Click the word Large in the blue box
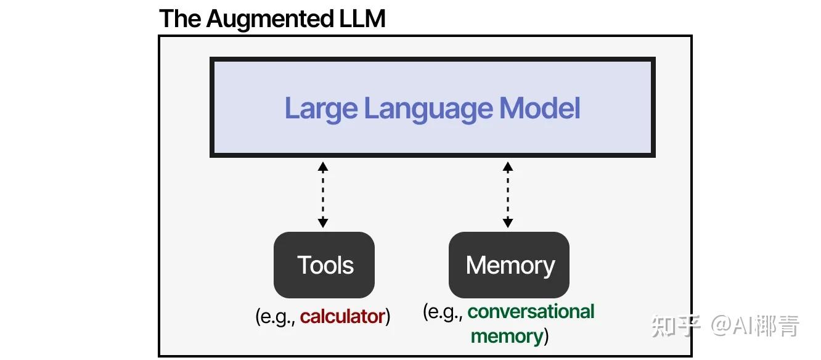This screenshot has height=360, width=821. (321, 108)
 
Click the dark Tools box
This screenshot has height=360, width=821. (324, 265)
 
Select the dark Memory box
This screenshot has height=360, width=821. (509, 265)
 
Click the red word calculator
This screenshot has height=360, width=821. (342, 317)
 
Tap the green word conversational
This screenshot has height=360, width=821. (531, 311)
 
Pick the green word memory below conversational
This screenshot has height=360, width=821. (507, 336)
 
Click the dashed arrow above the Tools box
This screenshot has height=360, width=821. (323, 194)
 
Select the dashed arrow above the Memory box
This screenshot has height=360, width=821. (508, 194)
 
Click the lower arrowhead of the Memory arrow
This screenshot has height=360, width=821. (508, 223)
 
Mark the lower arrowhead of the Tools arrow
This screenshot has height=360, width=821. (323, 223)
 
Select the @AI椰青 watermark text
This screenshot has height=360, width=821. (756, 325)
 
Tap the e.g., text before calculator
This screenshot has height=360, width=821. (277, 317)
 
